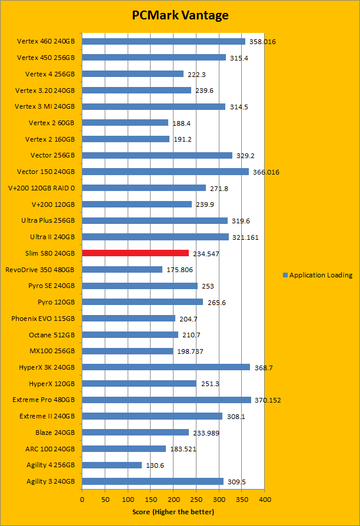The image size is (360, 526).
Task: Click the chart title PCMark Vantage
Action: (x=180, y=15)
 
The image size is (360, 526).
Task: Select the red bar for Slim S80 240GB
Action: (x=135, y=253)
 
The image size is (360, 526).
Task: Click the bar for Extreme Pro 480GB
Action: (x=166, y=400)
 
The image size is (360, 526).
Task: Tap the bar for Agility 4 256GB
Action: (x=112, y=465)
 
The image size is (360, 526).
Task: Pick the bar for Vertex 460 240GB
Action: (x=164, y=41)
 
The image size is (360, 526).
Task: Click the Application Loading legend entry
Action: (x=318, y=275)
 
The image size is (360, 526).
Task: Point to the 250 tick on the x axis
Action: (x=196, y=499)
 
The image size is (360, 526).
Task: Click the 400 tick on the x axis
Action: (x=265, y=499)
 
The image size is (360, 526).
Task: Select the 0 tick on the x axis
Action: (x=82, y=499)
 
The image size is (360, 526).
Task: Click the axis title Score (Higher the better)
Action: (x=174, y=512)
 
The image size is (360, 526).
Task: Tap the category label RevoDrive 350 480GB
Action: (x=40, y=270)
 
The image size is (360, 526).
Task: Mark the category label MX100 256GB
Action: (x=52, y=351)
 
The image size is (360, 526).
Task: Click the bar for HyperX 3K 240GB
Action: (x=166, y=367)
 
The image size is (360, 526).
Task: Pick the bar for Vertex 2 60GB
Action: (x=125, y=123)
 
